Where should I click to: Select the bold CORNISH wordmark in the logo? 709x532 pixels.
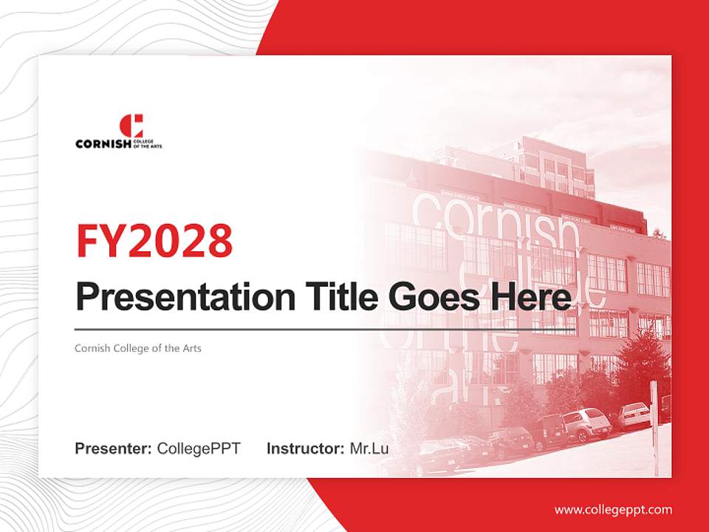click(103, 144)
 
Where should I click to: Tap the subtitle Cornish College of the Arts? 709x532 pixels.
click(138, 348)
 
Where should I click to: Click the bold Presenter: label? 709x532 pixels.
click(114, 449)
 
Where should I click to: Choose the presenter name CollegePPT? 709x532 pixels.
click(199, 449)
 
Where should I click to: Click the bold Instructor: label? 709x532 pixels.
click(305, 449)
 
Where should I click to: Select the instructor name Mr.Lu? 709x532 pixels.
click(369, 449)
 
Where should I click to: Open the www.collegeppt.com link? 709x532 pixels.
click(613, 509)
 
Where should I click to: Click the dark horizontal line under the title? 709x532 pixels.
click(325, 329)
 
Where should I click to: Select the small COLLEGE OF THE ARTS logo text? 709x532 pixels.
click(147, 144)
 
